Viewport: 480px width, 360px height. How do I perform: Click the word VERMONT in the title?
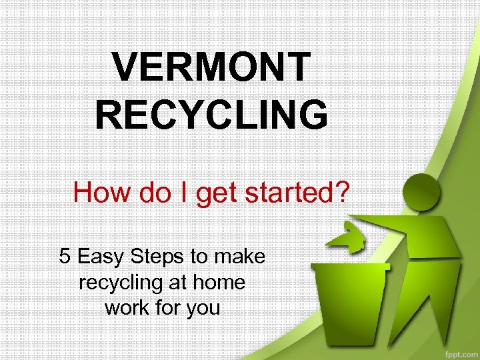click(211, 67)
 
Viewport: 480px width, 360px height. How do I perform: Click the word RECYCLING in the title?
click(211, 114)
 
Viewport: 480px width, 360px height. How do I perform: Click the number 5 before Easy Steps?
click(65, 256)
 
